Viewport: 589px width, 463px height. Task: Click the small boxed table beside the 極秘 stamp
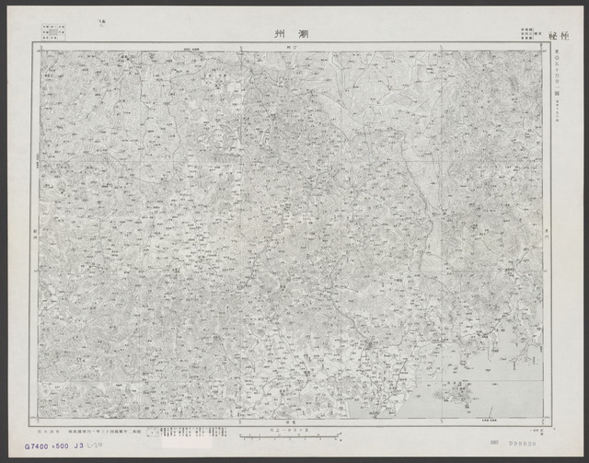click(528, 33)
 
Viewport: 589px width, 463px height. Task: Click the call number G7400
click(28, 446)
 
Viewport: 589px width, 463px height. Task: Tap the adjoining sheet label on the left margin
click(34, 234)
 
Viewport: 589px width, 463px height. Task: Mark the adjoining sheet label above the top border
click(290, 45)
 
